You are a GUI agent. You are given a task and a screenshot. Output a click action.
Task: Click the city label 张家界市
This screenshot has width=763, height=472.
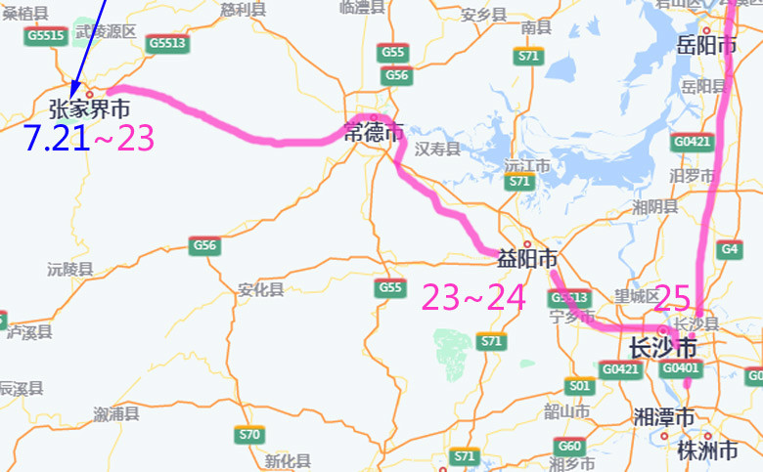click(x=89, y=108)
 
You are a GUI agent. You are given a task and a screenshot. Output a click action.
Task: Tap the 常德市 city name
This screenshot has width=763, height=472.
click(x=374, y=133)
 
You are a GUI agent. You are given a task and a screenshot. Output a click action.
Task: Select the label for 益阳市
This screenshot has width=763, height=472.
click(x=527, y=260)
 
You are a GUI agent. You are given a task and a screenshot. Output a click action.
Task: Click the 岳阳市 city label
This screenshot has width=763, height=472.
click(x=706, y=46)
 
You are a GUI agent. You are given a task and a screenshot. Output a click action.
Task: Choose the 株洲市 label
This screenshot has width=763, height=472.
click(x=707, y=450)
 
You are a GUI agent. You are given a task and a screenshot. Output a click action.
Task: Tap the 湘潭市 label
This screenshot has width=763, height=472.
click(x=664, y=418)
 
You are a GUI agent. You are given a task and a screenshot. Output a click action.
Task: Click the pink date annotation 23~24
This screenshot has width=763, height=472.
click(x=473, y=296)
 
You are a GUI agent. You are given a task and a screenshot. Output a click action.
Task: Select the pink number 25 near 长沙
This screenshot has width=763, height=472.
click(x=672, y=296)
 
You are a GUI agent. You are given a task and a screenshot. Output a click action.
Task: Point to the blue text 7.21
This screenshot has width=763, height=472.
click(x=56, y=139)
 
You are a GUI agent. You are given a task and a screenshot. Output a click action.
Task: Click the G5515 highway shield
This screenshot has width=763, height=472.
click(x=45, y=36)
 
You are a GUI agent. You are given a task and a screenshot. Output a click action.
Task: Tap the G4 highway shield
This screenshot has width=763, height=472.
click(x=729, y=249)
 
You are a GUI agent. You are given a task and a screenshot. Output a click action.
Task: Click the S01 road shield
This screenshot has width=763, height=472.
click(x=580, y=386)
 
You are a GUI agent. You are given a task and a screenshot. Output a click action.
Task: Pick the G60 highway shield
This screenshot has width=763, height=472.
click(x=570, y=446)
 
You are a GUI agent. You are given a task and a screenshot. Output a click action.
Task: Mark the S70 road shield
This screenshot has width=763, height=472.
click(x=249, y=435)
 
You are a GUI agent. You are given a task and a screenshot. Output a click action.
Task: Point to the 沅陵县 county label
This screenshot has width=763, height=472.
click(x=69, y=269)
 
